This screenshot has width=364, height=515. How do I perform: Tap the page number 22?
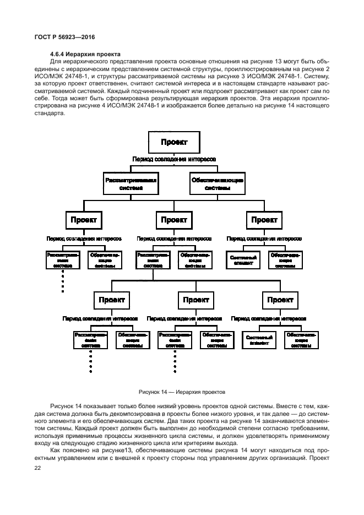click(x=38, y=468)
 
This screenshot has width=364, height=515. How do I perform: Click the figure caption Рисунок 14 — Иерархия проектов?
click(x=181, y=393)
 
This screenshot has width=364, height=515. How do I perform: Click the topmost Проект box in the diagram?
click(x=173, y=142)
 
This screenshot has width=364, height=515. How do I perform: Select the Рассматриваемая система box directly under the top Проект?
click(x=131, y=184)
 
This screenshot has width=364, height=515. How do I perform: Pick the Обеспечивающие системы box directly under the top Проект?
click(x=217, y=184)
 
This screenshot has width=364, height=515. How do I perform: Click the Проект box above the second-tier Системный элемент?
click(x=264, y=220)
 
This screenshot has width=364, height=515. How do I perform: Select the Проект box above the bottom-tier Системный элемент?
click(x=280, y=300)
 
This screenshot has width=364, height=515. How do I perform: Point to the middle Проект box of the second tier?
click(x=174, y=220)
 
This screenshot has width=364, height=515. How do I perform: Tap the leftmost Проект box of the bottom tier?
click(x=112, y=300)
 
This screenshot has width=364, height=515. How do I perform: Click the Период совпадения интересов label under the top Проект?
click(x=173, y=160)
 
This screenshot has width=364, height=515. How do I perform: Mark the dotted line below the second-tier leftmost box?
click(x=63, y=281)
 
